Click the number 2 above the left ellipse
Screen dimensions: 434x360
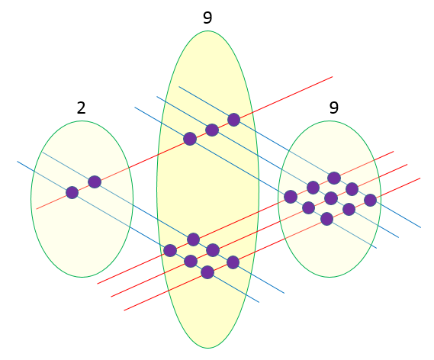81,108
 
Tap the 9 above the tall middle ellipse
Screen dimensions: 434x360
207,18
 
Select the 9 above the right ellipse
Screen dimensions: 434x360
334,108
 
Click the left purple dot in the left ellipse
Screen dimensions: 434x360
72,192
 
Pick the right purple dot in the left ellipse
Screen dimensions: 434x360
95,182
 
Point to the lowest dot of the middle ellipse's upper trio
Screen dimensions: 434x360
190,139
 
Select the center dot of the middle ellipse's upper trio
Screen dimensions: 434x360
212,130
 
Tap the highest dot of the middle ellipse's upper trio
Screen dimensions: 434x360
234,120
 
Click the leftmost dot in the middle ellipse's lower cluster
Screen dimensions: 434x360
170,250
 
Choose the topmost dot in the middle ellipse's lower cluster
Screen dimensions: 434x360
193,239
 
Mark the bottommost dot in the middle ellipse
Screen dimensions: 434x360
207,272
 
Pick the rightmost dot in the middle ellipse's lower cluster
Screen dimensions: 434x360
233,262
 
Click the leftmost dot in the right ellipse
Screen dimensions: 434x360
291,197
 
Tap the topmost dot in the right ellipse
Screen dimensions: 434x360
334,178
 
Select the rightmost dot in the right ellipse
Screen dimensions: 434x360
371,200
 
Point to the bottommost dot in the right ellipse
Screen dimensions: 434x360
327,219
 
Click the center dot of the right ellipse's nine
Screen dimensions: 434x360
331,198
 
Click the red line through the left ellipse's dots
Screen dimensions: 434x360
185,143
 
